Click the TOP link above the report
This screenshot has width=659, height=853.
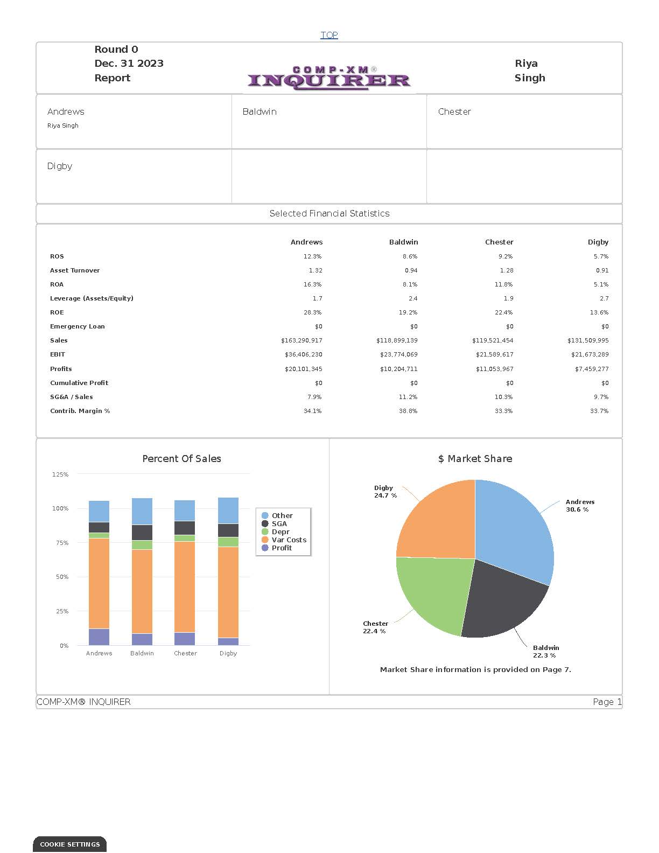[329, 35]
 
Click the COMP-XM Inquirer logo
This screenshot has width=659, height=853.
[329, 78]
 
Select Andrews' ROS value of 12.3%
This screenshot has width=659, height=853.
[312, 256]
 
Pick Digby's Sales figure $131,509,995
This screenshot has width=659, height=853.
[588, 340]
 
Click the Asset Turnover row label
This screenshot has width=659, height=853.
[75, 270]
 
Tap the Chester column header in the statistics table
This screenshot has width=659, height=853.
[499, 242]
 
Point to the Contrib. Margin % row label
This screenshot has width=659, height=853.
[80, 411]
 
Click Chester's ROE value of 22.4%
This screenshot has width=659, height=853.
[503, 312]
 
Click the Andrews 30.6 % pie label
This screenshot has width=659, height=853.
[579, 506]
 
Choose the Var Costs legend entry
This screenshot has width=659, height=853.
[288, 540]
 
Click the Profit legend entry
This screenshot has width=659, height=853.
[281, 548]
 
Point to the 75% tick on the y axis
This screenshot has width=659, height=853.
[60, 543]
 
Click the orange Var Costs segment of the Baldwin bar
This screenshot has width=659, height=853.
[142, 591]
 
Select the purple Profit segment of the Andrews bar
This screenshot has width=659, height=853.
[99, 637]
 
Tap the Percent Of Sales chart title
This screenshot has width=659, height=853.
[181, 459]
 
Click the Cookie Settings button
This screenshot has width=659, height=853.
[70, 844]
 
